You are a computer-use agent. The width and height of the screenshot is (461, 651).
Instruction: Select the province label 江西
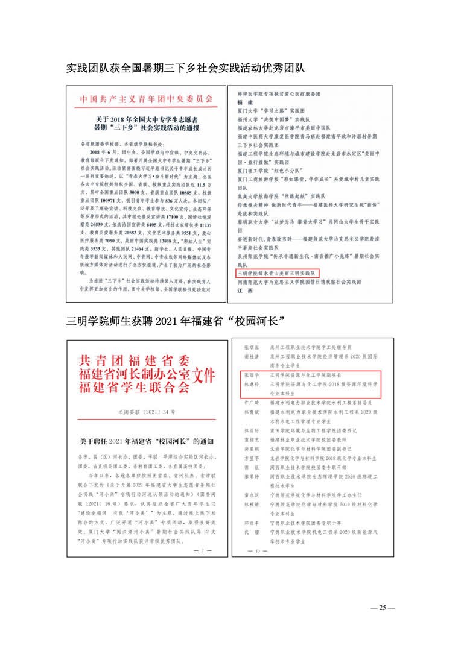point(243,290)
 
